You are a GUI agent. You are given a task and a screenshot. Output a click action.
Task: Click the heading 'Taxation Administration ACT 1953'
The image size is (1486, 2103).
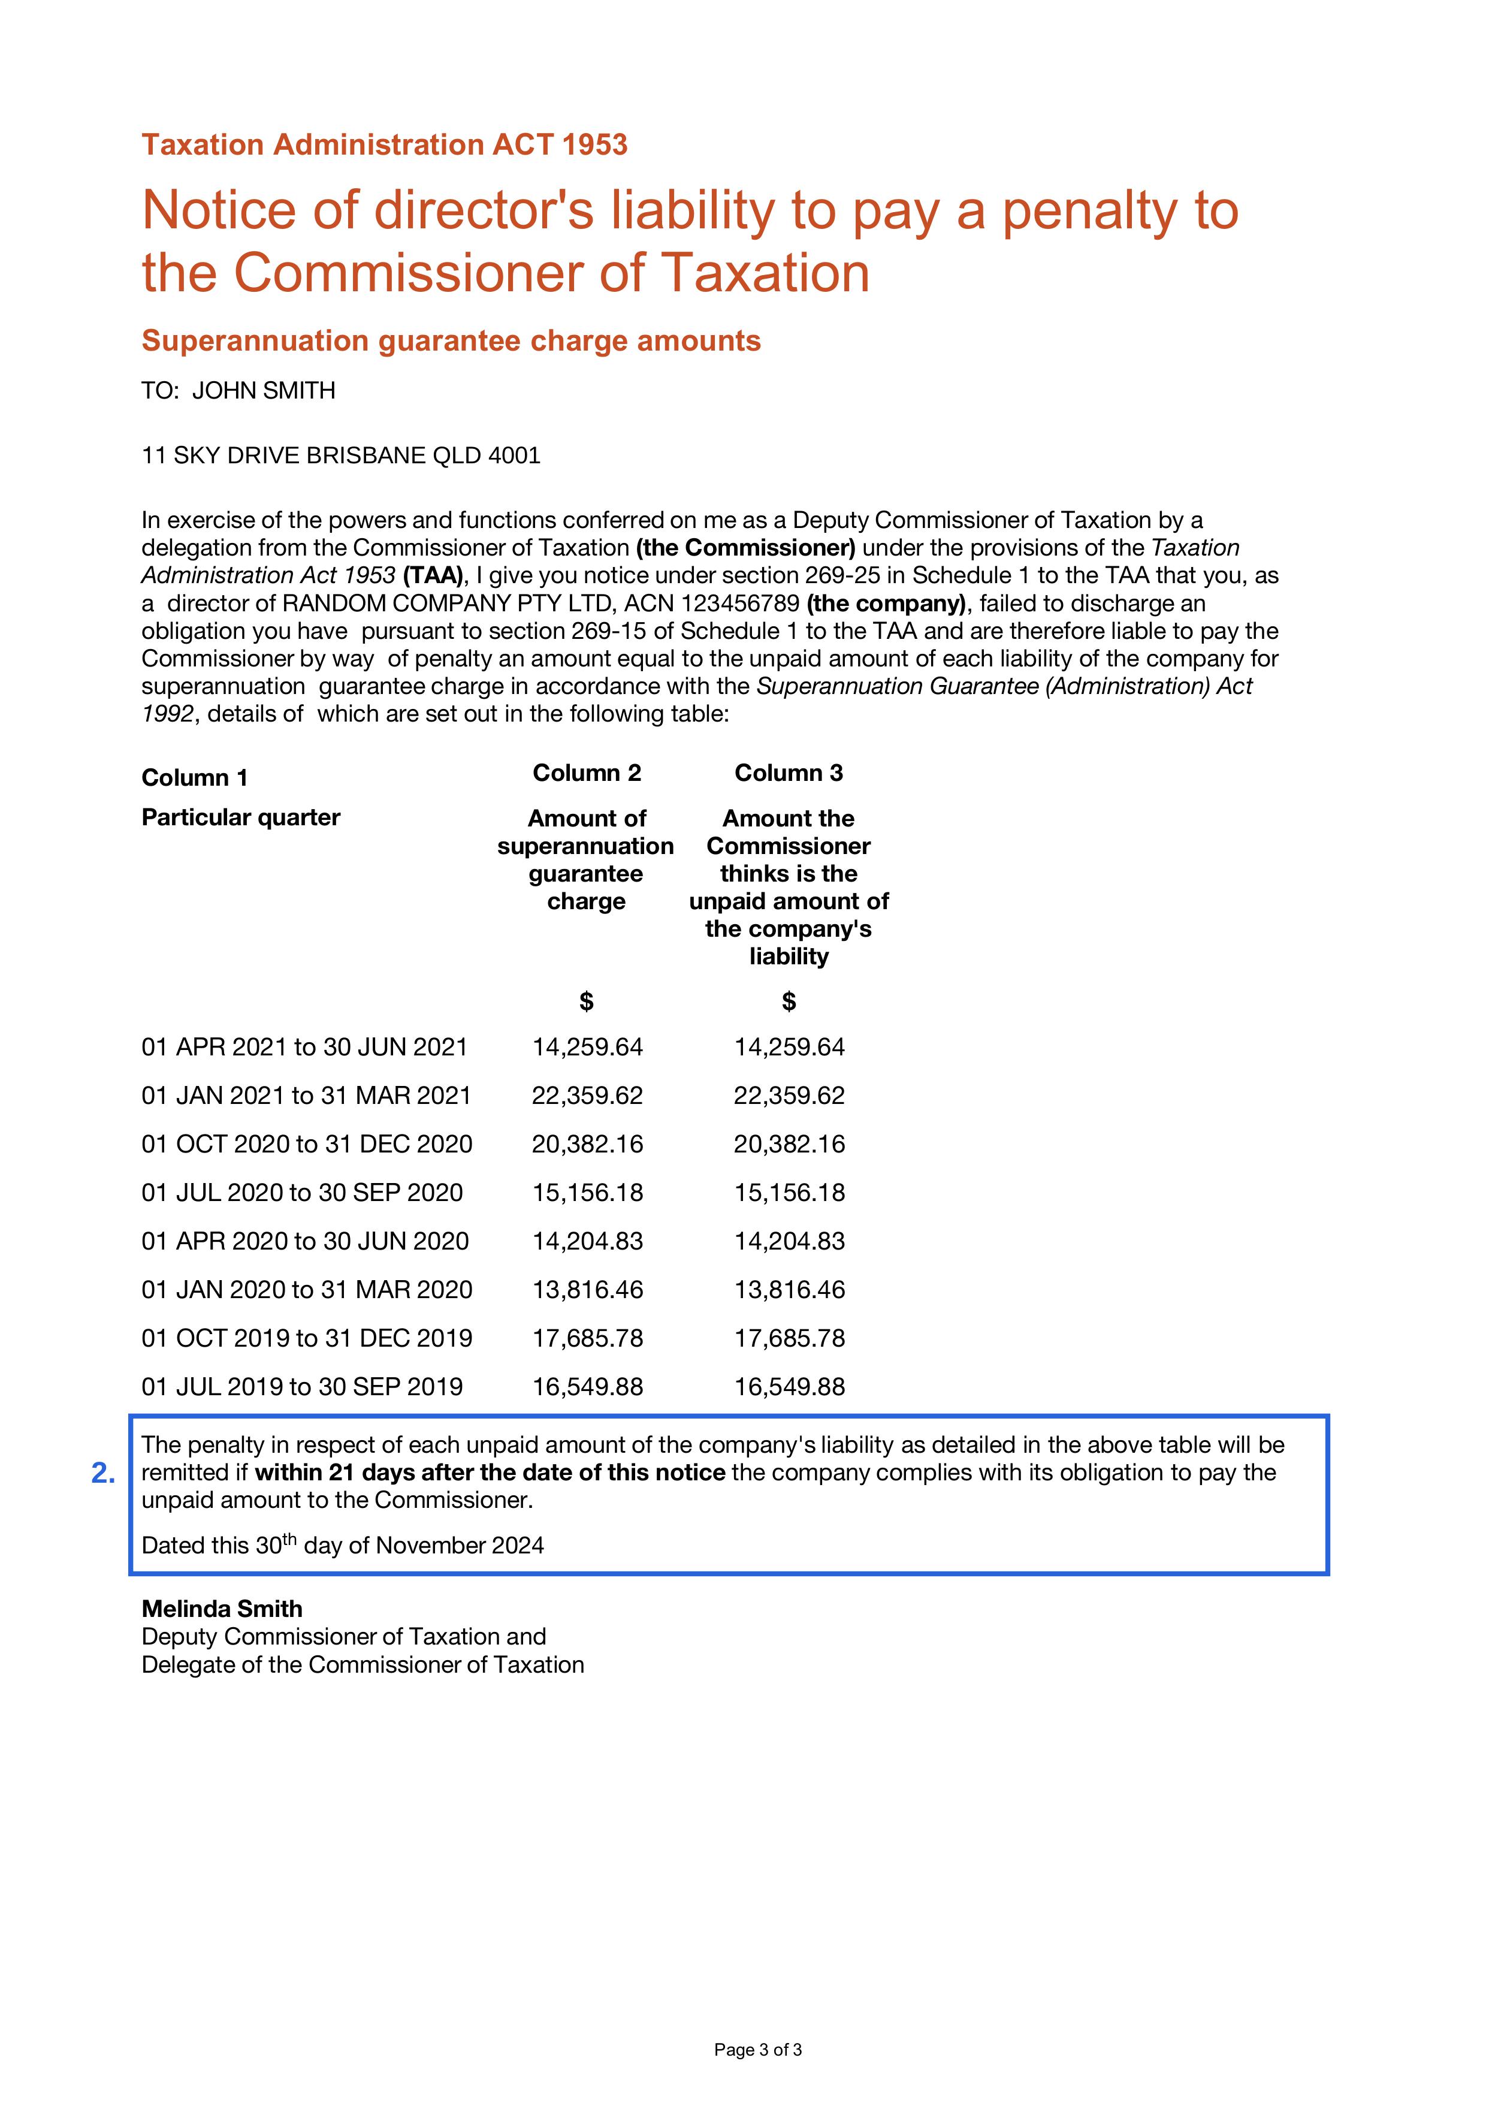[x=385, y=144]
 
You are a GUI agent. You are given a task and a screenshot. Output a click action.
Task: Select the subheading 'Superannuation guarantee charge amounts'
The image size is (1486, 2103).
[x=451, y=341]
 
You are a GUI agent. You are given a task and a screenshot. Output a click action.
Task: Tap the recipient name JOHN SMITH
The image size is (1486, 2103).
[x=264, y=391]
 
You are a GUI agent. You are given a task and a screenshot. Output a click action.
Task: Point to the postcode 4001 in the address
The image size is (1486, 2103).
[x=515, y=455]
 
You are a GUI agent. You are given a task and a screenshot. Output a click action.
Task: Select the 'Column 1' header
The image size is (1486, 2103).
[x=194, y=778]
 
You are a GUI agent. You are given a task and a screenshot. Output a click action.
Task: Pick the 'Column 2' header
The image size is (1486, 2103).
[x=587, y=773]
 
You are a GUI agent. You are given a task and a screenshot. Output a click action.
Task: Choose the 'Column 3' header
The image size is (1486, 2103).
[x=789, y=773]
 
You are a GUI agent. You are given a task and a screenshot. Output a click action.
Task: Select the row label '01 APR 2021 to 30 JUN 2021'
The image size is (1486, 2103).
[x=305, y=1047]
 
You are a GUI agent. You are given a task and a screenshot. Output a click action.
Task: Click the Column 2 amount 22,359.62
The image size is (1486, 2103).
[x=588, y=1096]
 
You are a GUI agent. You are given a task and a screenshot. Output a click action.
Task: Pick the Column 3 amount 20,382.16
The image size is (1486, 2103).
[x=789, y=1144]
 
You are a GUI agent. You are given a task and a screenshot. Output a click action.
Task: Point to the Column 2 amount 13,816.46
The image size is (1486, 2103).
[x=588, y=1290]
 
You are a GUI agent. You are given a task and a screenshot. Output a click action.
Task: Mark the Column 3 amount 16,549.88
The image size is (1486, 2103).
[x=789, y=1387]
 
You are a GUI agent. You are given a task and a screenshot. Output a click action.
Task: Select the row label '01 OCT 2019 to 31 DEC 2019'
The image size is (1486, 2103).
[x=307, y=1338]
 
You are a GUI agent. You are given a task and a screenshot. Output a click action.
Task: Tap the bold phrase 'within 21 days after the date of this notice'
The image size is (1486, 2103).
[x=490, y=1473]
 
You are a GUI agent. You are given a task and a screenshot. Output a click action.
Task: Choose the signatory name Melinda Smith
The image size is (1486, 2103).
[x=222, y=1609]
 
